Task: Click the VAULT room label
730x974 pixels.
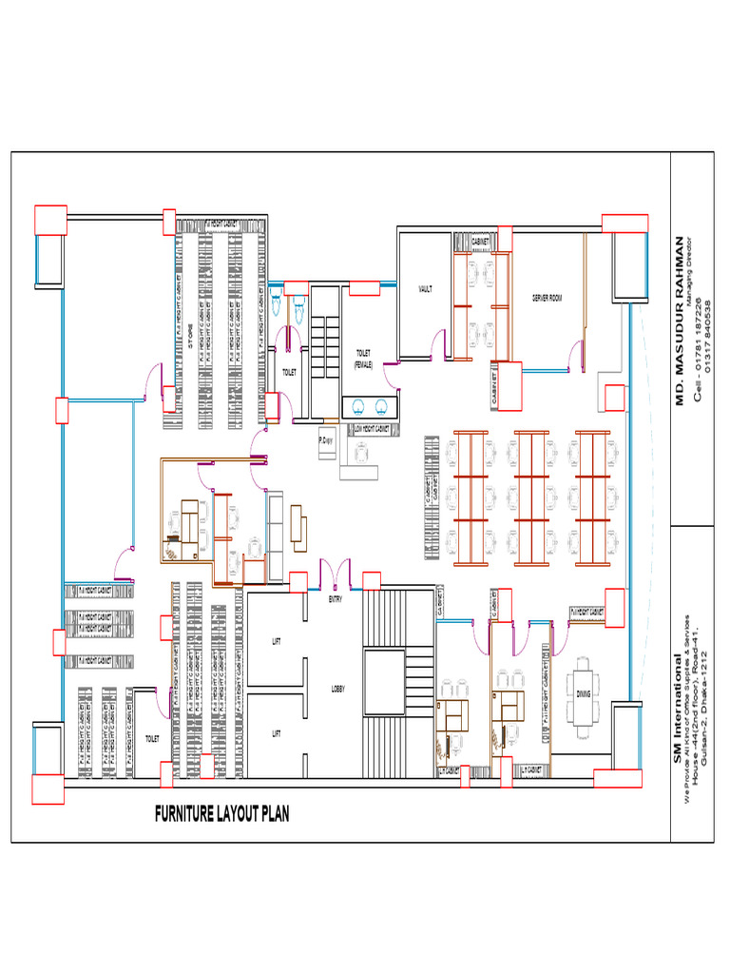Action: click(x=425, y=288)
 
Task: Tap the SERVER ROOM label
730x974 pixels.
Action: click(x=547, y=298)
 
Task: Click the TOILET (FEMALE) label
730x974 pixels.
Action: click(x=363, y=358)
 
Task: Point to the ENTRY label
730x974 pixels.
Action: click(x=336, y=600)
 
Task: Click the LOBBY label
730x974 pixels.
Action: click(x=338, y=688)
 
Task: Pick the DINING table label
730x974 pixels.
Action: click(x=583, y=693)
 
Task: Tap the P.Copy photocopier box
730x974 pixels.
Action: click(x=326, y=442)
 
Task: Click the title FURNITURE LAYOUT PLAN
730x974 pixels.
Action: click(x=221, y=813)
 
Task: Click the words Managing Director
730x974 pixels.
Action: click(x=691, y=269)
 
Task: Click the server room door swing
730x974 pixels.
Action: click(x=575, y=357)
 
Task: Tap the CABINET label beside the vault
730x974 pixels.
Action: click(x=482, y=243)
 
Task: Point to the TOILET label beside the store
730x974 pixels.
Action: click(x=287, y=372)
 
